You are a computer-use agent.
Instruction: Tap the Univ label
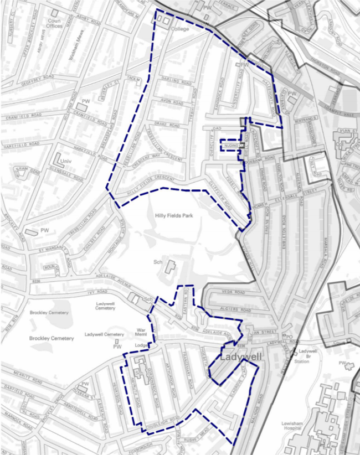coord(67,161)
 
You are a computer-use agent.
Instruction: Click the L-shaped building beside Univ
coord(58,157)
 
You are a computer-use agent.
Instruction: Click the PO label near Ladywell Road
coord(288,336)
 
